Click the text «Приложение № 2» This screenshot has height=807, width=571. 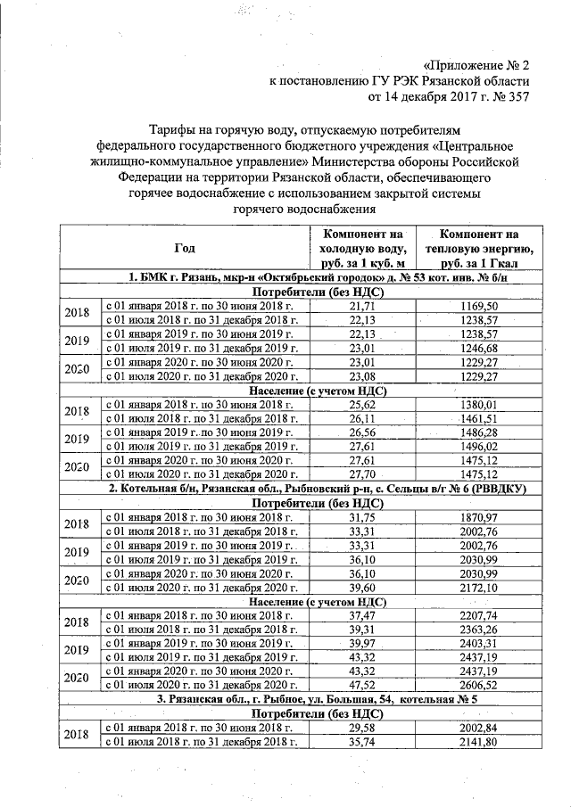click(x=476, y=65)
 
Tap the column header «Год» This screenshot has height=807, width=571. click(x=184, y=247)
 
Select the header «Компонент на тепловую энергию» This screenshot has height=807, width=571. click(x=479, y=247)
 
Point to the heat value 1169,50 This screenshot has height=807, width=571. click(x=479, y=306)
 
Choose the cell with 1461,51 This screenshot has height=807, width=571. click(x=479, y=418)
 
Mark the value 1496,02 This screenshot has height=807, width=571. click(x=479, y=446)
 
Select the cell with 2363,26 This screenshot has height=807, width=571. click(x=479, y=630)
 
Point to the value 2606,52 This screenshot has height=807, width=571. click(x=479, y=686)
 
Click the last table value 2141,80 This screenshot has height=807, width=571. click(x=479, y=742)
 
